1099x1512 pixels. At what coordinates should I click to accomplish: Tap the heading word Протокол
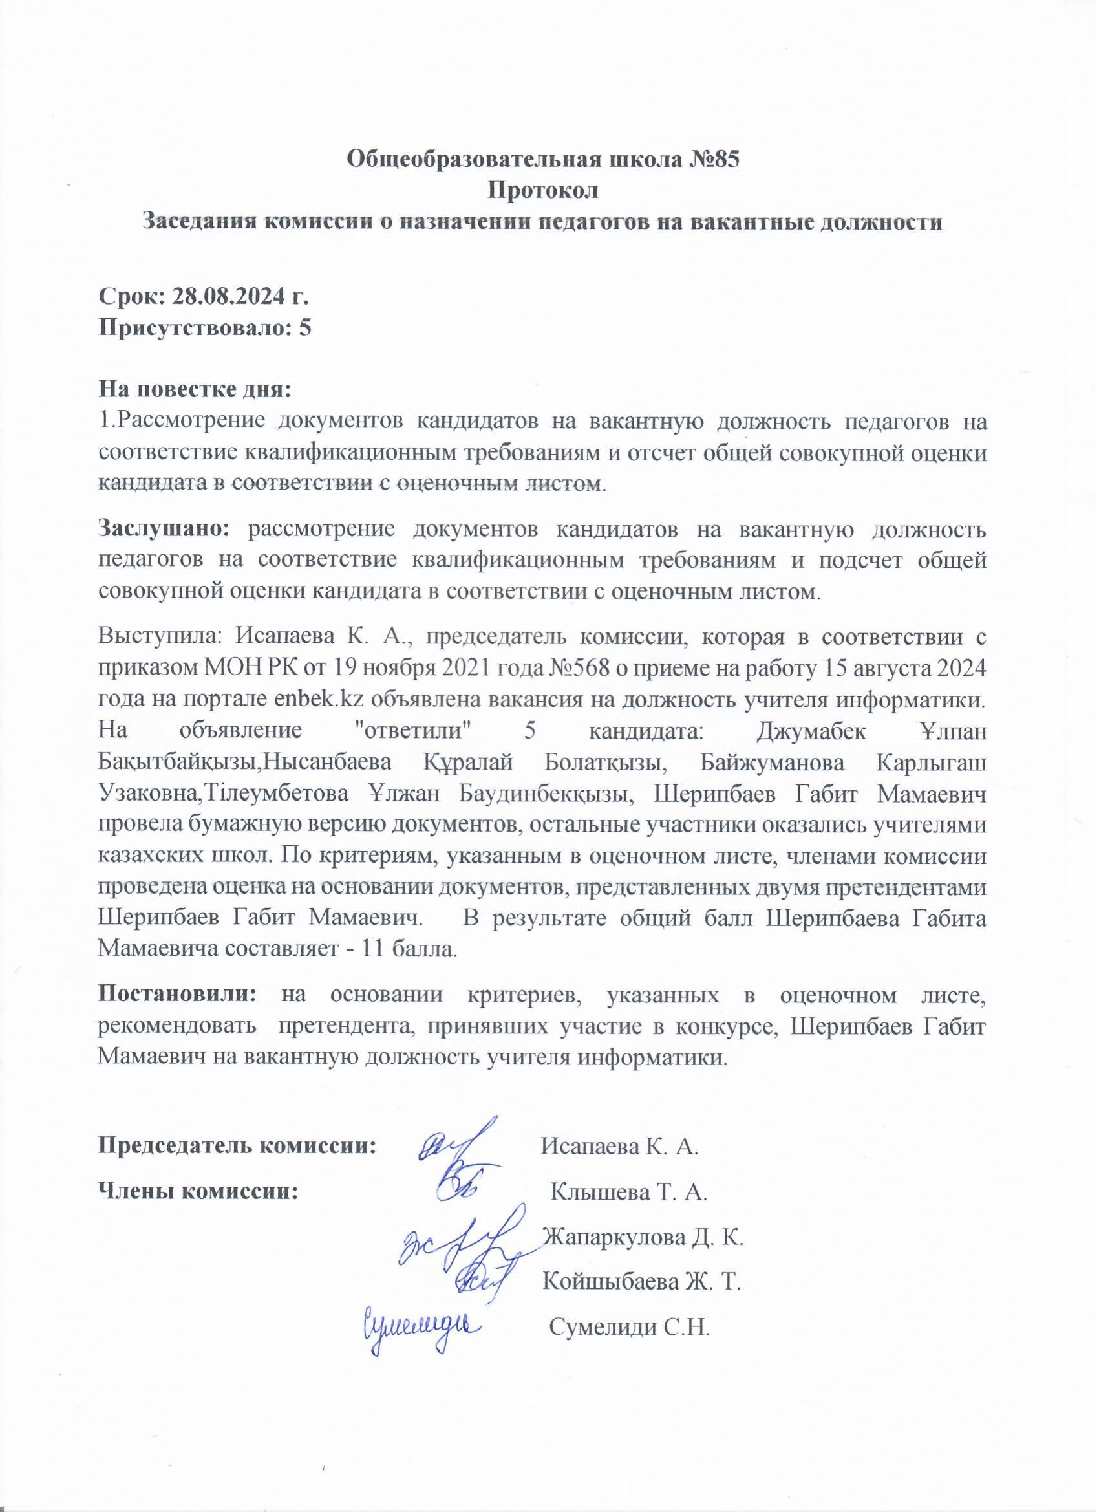pos(544,190)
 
